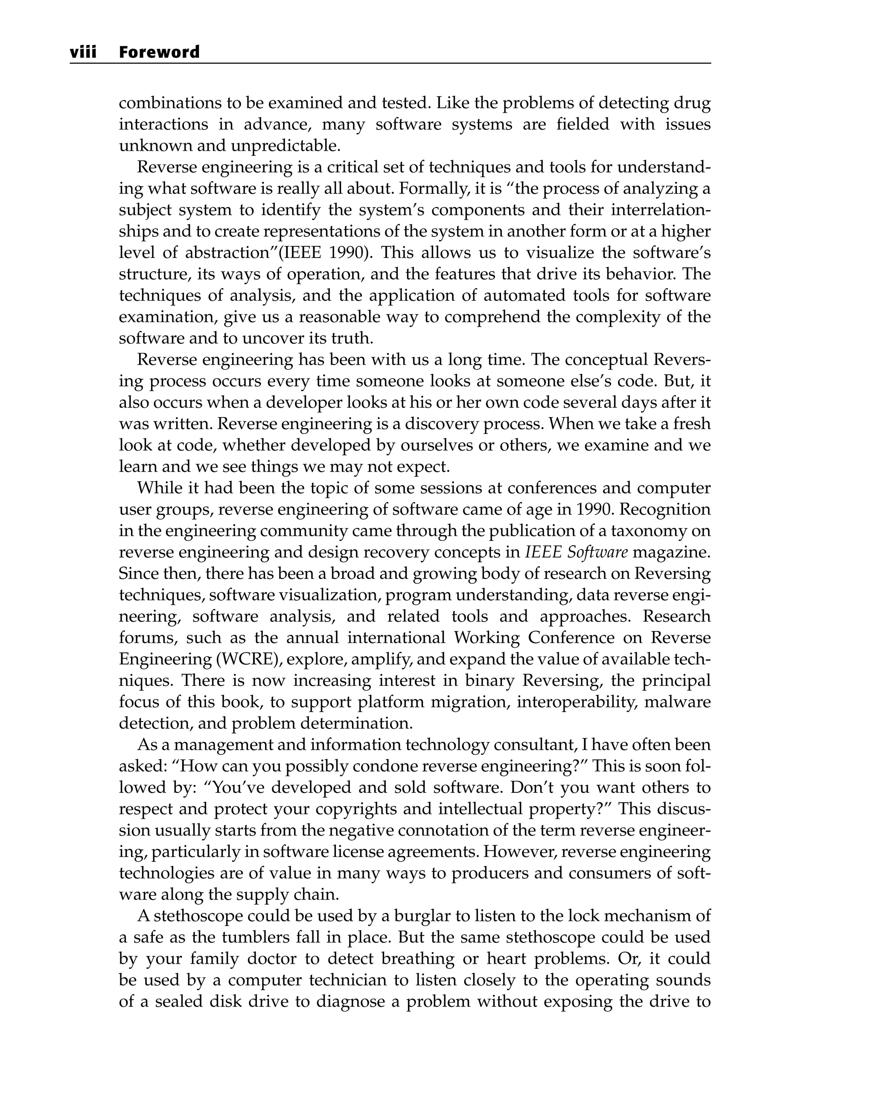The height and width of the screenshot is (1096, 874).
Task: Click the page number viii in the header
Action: click(x=83, y=52)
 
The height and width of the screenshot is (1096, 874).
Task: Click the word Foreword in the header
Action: click(x=159, y=52)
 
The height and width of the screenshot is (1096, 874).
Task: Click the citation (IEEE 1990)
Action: click(x=326, y=253)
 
